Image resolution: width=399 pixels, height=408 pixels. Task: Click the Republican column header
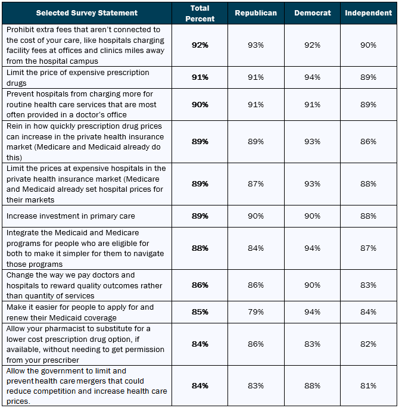(255, 13)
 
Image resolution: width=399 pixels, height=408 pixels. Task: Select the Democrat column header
(313, 13)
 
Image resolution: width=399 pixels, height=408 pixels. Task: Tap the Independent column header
(368, 13)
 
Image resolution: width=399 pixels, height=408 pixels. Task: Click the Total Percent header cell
(199, 13)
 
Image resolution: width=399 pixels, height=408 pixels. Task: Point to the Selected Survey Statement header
(86, 13)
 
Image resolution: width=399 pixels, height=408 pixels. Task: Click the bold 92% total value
(199, 45)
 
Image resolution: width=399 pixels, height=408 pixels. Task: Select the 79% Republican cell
(255, 312)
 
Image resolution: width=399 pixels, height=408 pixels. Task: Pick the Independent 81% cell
(368, 385)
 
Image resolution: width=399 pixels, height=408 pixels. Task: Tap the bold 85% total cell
(199, 312)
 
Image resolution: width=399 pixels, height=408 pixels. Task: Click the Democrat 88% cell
(313, 385)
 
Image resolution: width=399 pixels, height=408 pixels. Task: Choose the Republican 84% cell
(255, 248)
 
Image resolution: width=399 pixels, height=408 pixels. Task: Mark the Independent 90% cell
(368, 45)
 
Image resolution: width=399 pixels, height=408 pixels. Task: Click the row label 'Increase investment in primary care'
(70, 216)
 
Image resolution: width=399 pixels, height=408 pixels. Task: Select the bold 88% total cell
(199, 248)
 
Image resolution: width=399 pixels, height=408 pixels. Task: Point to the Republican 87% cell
(255, 183)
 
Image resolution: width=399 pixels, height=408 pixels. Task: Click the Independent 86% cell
(368, 141)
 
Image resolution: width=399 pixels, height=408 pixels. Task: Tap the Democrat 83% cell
(313, 344)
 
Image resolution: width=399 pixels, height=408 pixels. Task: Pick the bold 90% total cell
(199, 104)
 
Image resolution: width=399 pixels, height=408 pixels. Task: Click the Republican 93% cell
(255, 45)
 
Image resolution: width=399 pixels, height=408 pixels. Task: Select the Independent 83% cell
(368, 285)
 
